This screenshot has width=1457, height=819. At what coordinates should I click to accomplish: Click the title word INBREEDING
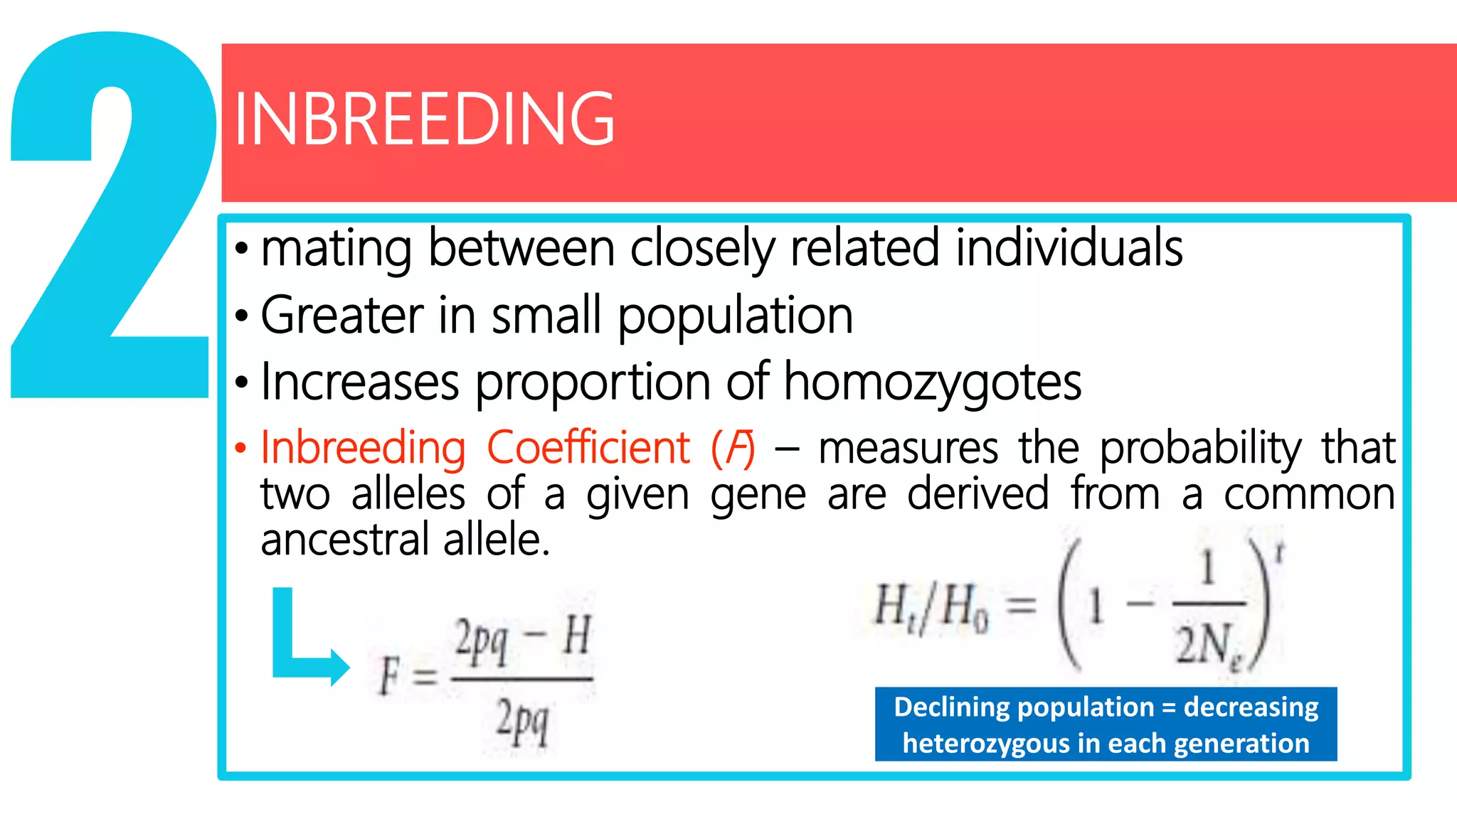coord(424,119)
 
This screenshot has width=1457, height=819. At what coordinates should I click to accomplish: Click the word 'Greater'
coord(341,315)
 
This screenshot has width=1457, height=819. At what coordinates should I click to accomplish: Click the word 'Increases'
coord(360,382)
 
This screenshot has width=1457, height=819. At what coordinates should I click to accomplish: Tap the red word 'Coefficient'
coord(588,448)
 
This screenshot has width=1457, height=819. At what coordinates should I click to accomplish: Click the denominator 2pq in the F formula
coord(522,721)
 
